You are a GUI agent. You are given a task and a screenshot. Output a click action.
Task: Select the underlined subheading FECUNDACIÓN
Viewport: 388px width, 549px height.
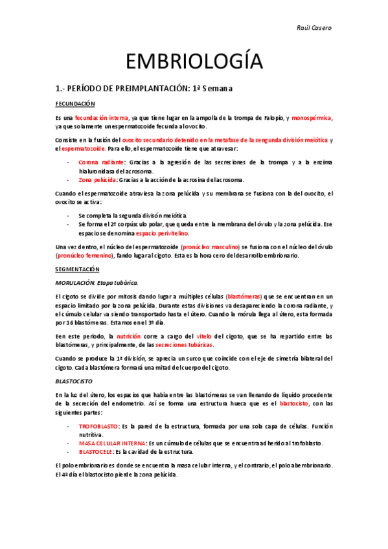pos(75,104)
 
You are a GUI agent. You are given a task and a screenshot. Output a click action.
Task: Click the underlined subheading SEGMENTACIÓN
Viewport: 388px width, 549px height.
pos(76,267)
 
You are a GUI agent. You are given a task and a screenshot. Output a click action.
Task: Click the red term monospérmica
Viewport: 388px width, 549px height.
pos(312,118)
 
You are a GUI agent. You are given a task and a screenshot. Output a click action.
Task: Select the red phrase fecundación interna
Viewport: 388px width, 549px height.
pos(101,118)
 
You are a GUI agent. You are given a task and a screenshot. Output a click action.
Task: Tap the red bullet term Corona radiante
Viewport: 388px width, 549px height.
pos(102,162)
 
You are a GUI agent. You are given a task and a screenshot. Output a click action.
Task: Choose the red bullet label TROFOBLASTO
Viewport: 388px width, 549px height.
pos(98,427)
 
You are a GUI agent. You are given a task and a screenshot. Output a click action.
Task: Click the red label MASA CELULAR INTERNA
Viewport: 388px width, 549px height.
pos(111,443)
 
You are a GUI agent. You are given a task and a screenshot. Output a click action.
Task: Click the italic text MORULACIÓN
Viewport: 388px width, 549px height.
pos(76,282)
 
